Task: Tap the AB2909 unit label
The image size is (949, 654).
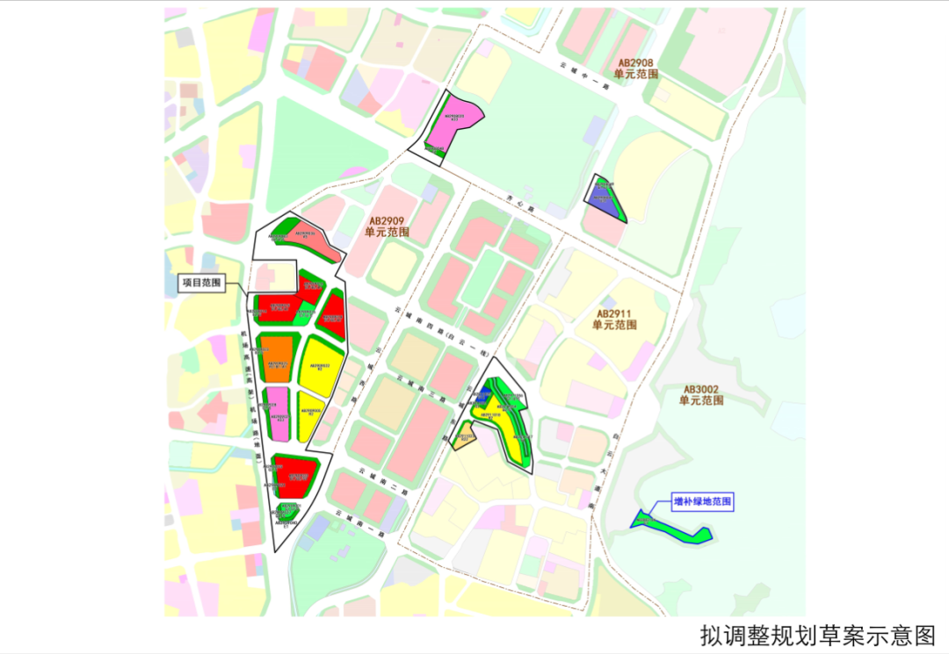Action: tap(388, 227)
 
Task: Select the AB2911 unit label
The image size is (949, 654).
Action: tap(614, 319)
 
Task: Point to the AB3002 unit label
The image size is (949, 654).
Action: tap(701, 394)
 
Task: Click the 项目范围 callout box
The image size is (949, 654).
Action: tap(201, 284)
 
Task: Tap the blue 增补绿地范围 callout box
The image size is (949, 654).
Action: tap(702, 502)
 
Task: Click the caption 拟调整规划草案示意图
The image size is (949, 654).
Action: tap(818, 634)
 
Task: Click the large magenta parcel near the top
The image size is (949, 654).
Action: tap(455, 123)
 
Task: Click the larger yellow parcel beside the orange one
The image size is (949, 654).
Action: tap(320, 367)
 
